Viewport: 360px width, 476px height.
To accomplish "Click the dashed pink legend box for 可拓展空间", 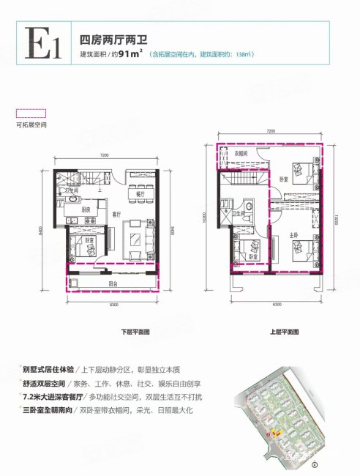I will pos(31,114).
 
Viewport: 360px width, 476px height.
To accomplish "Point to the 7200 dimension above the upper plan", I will pos(270,130).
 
